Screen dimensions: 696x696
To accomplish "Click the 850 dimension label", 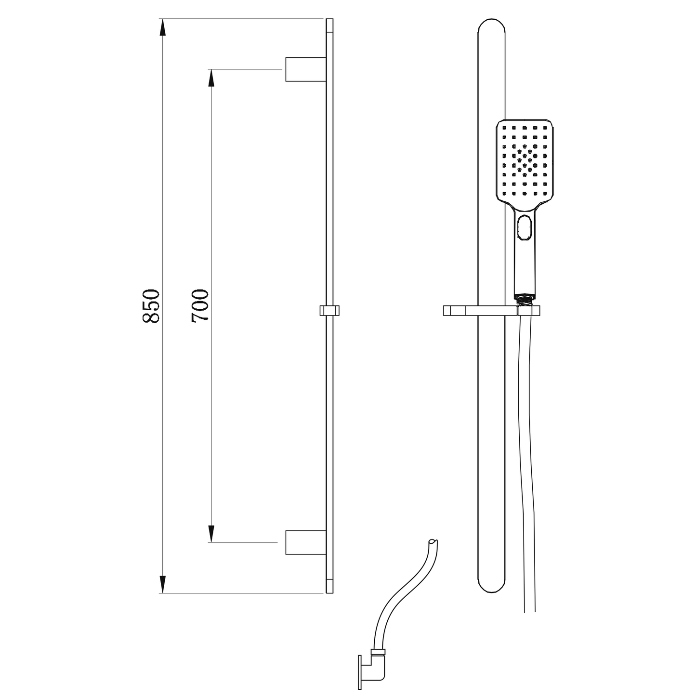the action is (x=151, y=305).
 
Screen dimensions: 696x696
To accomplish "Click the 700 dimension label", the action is (x=200, y=305).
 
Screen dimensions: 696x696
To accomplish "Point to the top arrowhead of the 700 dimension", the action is (x=211, y=78).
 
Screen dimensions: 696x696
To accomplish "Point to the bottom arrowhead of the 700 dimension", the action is (x=211, y=534).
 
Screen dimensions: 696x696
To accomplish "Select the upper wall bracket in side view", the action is (x=305, y=69).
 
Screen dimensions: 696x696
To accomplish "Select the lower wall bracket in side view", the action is (x=305, y=542).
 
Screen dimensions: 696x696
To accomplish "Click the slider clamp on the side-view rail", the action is (x=329, y=310).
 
